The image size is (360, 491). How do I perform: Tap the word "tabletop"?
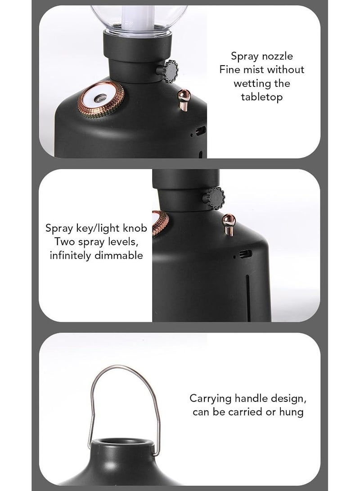point(262,97)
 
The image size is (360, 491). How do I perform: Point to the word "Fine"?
point(229,69)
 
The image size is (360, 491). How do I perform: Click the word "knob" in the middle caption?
point(135,228)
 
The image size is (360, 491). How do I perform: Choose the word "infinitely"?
point(71,255)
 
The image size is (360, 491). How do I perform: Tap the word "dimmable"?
point(119,255)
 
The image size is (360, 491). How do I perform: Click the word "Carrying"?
point(211,399)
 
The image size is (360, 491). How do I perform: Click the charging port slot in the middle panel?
point(245,254)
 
